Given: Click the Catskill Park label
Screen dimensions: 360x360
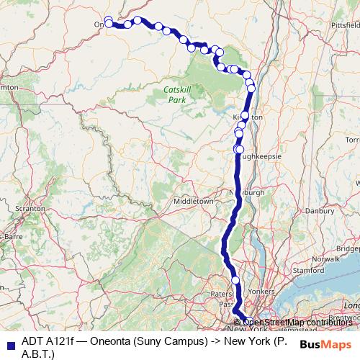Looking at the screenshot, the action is point(176,94).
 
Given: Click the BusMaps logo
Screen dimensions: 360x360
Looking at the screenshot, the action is point(325,344).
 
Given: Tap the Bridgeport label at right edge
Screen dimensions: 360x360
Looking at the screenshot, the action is point(348,248).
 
